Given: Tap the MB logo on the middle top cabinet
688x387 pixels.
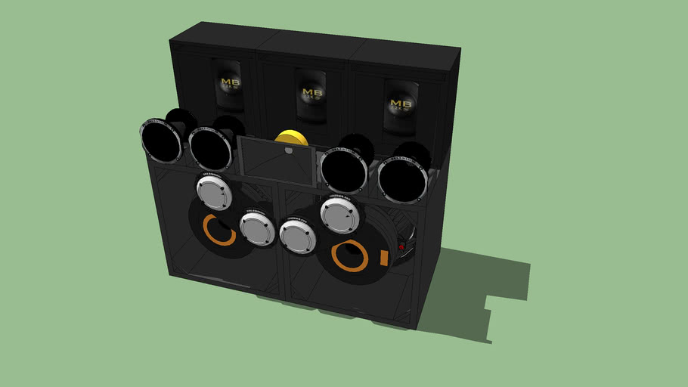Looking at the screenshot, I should [x=311, y=92].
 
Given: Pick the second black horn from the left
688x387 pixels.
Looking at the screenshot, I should [x=210, y=148].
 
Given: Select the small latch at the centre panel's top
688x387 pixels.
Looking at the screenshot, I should [x=288, y=150].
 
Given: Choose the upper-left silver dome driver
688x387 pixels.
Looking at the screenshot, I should [x=215, y=192].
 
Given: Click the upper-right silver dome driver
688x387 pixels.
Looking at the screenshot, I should [x=339, y=215].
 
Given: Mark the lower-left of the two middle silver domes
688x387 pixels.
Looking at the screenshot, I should [x=256, y=228].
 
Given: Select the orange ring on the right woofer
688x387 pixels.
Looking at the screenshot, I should [x=349, y=256].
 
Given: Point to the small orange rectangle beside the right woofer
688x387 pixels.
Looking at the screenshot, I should [x=383, y=258].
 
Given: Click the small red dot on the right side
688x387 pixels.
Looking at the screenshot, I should [x=401, y=246].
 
